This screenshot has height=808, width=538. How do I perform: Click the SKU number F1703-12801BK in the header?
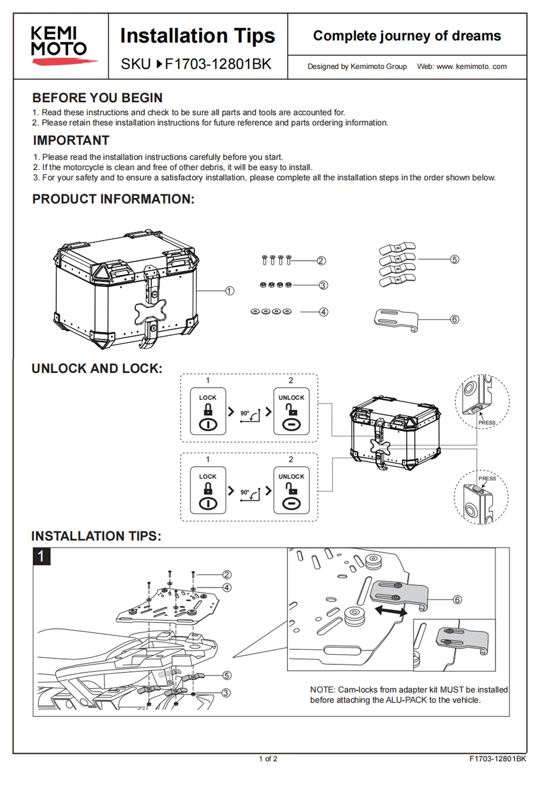coord(218,64)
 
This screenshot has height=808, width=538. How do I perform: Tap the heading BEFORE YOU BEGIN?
coord(97,98)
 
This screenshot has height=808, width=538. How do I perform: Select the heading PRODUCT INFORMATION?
coord(113,199)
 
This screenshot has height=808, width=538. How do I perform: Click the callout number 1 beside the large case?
coord(230,291)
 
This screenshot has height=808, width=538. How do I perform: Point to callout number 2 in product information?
coord(321,261)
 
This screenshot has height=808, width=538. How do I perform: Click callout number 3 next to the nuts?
coord(323,285)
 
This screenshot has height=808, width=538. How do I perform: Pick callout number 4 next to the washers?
coord(323,312)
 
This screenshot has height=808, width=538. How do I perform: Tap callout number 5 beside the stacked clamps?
coord(455,259)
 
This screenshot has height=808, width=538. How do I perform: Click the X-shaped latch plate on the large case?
coord(150,311)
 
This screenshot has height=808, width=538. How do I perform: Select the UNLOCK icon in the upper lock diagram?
coord(291,412)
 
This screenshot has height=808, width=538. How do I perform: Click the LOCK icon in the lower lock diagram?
coord(208,491)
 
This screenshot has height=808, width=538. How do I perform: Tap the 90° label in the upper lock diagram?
coord(245,413)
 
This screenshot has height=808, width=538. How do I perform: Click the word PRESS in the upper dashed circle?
coord(487,423)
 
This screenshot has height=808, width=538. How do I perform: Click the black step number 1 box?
coord(41,557)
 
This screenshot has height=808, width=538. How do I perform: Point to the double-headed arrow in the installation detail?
coord(391,610)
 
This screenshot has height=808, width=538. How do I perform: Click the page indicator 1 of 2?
coord(268,759)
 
